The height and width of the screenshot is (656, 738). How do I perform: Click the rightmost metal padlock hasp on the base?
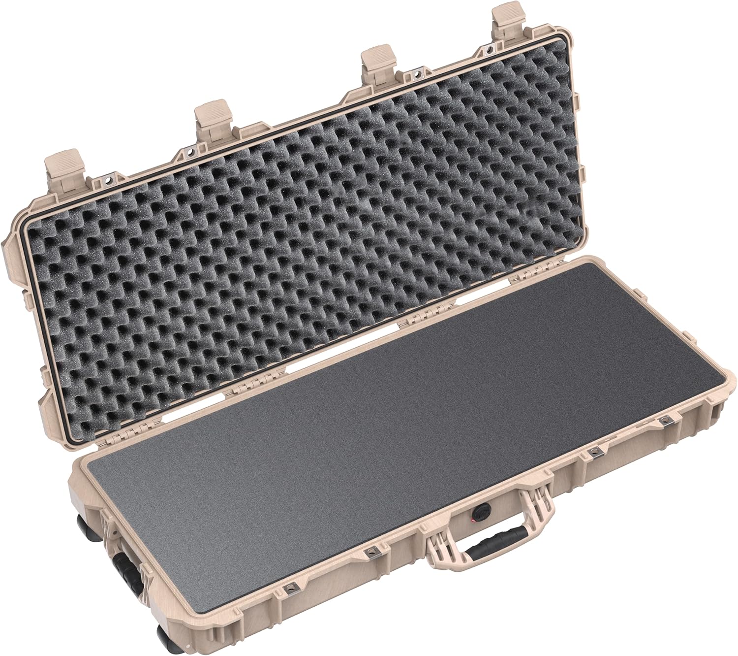click(x=667, y=419)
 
